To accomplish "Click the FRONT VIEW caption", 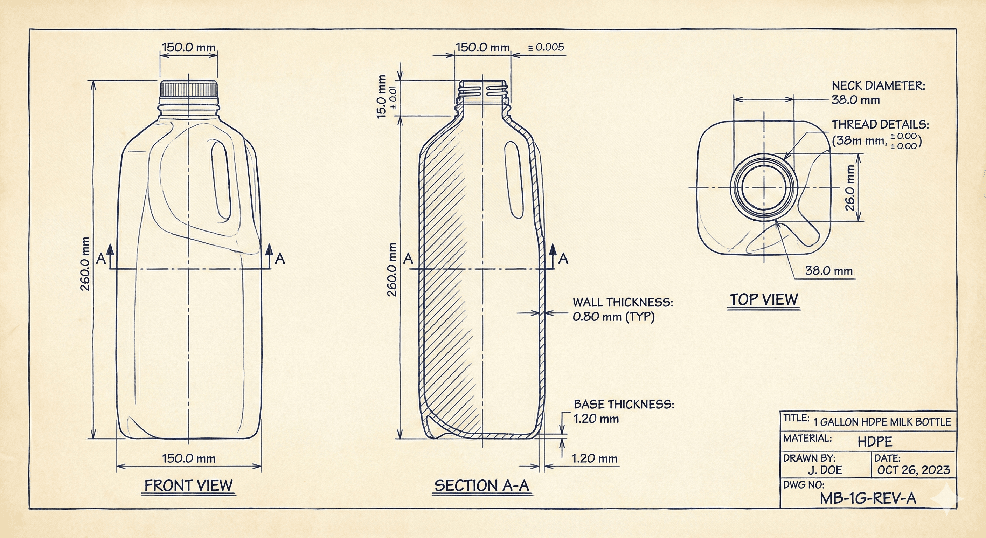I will pyautogui.click(x=188, y=485).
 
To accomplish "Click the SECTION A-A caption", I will pyautogui.click(x=481, y=485).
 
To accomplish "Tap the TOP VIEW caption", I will pyautogui.click(x=764, y=299).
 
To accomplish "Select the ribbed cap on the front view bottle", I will pyautogui.click(x=189, y=89).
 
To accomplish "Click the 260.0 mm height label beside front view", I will pyautogui.click(x=85, y=264).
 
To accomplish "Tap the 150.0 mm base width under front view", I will pyautogui.click(x=189, y=458).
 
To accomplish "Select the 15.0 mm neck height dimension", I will pyautogui.click(x=382, y=96).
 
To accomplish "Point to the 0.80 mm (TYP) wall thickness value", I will pyautogui.click(x=613, y=317).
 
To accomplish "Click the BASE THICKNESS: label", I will pyautogui.click(x=624, y=404).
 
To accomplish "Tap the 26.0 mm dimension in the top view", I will pyautogui.click(x=849, y=188).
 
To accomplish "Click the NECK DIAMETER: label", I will pyautogui.click(x=878, y=86).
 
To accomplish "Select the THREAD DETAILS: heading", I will pyautogui.click(x=880, y=124).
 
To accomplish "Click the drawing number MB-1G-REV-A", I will pyautogui.click(x=868, y=498).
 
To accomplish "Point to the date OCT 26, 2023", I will pyautogui.click(x=913, y=470).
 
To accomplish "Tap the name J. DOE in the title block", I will pyautogui.click(x=825, y=470).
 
